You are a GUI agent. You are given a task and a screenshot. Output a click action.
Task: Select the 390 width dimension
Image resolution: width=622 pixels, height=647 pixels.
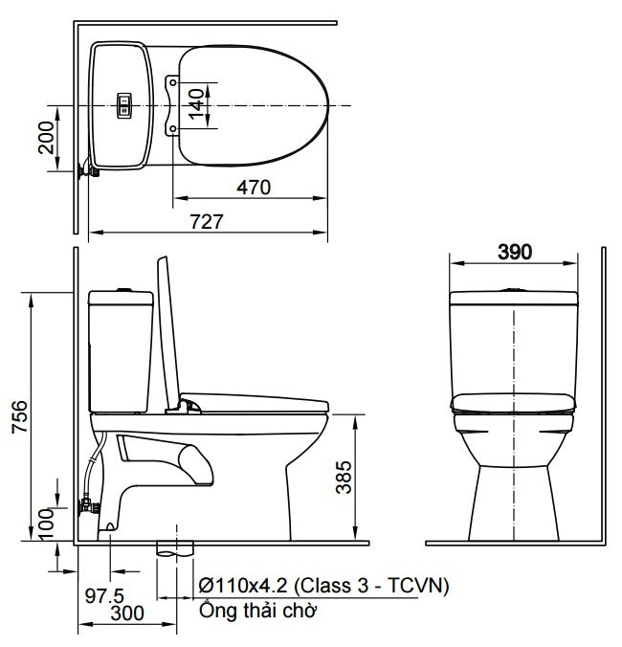(515, 253)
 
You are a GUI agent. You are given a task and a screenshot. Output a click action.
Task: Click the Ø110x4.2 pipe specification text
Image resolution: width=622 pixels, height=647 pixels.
(323, 585)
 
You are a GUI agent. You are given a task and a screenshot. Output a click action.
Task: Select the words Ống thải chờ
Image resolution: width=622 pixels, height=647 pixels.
(257, 610)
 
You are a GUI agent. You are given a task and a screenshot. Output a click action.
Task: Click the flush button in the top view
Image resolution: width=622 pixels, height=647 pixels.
(122, 104)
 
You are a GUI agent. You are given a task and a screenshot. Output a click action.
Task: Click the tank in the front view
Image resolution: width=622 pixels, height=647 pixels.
(515, 340)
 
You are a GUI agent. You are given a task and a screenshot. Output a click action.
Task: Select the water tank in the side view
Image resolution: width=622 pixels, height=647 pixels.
(120, 349)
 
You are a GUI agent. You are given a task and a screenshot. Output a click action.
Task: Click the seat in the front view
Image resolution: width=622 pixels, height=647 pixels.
(515, 403)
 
